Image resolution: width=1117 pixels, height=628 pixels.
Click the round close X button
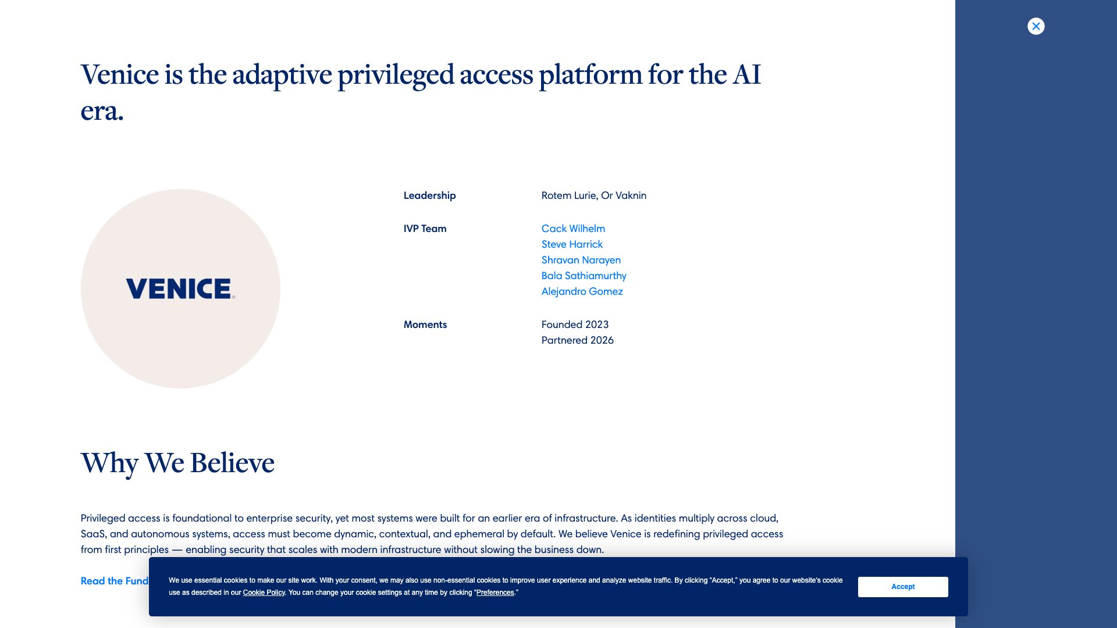[1036, 26]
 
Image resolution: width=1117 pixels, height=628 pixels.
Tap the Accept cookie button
[903, 587]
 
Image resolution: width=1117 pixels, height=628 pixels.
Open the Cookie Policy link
[264, 593]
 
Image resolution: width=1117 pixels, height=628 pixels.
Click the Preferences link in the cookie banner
[495, 593]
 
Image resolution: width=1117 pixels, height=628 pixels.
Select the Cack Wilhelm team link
[573, 229]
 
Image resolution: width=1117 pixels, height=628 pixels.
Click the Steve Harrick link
[572, 244]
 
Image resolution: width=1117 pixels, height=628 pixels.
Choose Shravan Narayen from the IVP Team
[581, 260]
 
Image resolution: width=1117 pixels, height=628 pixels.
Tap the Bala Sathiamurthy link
[584, 276]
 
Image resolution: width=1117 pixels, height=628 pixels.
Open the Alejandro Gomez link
[582, 291]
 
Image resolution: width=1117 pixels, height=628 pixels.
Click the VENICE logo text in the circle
[180, 288]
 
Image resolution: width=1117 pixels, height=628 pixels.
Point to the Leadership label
[430, 195]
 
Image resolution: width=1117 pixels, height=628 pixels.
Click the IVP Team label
[425, 229]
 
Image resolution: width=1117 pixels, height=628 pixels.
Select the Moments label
[425, 324]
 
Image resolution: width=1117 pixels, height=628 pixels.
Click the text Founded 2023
[575, 324]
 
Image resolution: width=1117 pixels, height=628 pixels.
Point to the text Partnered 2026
[578, 340]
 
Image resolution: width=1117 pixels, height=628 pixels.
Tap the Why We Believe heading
[177, 463]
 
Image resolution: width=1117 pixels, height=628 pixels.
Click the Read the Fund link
[115, 581]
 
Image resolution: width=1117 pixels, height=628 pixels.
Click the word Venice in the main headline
[120, 74]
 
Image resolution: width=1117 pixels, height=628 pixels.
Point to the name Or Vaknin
[624, 195]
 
